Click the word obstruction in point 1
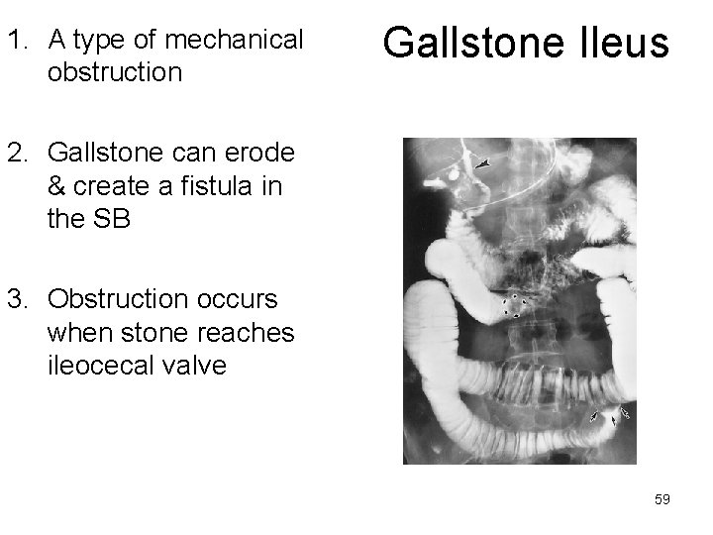pyautogui.click(x=114, y=73)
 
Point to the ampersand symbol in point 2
pyautogui.click(x=55, y=187)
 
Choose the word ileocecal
pyautogui.click(x=94, y=365)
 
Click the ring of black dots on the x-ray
pyautogui.click(x=513, y=305)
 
